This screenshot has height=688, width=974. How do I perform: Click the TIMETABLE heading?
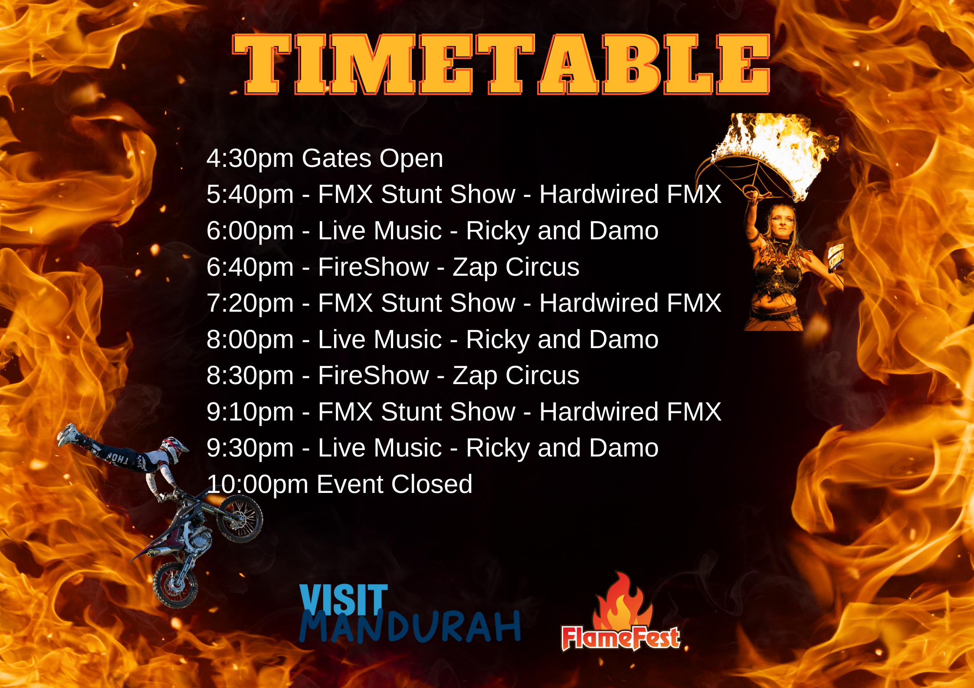501,64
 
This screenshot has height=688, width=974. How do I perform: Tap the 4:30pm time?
250,159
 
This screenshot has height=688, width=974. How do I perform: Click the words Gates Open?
372,158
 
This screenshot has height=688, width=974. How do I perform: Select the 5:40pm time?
250,195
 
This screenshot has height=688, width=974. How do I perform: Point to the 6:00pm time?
250,231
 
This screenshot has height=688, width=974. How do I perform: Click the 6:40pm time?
250,267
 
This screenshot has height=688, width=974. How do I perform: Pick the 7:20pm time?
250,303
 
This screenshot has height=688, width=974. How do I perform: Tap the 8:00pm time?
250,339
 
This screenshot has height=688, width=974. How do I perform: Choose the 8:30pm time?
250,376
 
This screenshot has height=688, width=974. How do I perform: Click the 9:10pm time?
250,412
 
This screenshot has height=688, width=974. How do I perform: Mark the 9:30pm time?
250,448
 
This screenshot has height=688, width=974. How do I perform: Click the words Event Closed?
394,484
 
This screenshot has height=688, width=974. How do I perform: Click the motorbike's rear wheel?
175,585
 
